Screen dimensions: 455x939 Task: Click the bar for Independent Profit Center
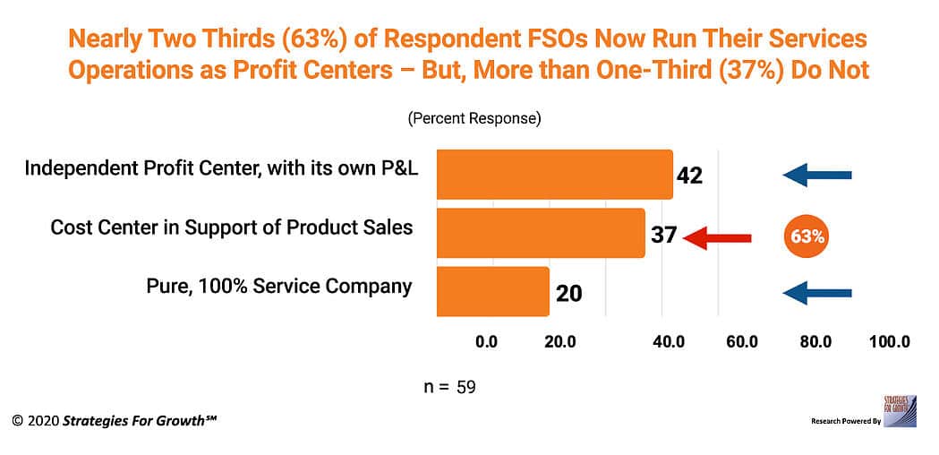point(554,175)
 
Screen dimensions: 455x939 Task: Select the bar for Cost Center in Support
point(541,233)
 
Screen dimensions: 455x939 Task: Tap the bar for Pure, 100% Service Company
point(492,291)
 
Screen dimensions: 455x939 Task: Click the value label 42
point(689,176)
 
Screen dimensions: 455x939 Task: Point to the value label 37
point(662,236)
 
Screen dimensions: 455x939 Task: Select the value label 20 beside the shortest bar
point(568,293)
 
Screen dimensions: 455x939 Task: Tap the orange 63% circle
point(807,237)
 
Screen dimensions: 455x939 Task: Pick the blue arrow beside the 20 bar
point(817,292)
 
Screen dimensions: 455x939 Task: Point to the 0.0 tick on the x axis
point(486,341)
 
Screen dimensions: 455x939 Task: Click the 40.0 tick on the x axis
point(669,341)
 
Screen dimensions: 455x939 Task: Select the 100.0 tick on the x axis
point(889,341)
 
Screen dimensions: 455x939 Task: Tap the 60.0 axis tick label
point(742,341)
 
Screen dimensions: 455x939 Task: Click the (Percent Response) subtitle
point(474,118)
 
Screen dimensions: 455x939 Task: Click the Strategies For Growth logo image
point(899,410)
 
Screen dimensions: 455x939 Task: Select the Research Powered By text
point(846,421)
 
